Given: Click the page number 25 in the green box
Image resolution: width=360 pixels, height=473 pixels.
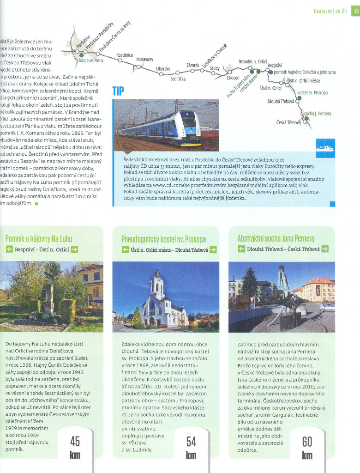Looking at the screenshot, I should (355, 11).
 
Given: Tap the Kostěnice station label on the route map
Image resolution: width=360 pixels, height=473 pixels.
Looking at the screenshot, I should (125, 55).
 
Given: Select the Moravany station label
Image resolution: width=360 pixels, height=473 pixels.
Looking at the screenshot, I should (144, 60).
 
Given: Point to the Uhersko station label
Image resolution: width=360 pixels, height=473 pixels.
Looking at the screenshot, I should (163, 69).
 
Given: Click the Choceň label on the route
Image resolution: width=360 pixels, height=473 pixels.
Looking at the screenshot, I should (233, 78).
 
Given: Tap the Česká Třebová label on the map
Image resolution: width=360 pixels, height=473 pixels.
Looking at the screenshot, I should (288, 122).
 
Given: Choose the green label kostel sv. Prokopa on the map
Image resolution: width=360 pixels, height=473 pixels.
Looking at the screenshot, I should (312, 92).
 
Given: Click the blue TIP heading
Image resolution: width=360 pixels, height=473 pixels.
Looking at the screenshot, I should (118, 91).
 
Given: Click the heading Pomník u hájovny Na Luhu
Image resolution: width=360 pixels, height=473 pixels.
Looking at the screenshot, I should (39, 238).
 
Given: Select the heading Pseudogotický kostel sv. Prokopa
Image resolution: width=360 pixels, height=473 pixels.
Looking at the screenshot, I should (163, 239).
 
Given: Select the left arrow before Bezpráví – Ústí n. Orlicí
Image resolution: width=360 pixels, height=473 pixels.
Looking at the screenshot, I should (9, 249).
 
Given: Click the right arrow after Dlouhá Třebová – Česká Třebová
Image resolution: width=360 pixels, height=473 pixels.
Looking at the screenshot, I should (325, 249).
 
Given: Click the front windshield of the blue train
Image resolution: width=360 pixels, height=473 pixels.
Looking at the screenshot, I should (190, 121).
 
